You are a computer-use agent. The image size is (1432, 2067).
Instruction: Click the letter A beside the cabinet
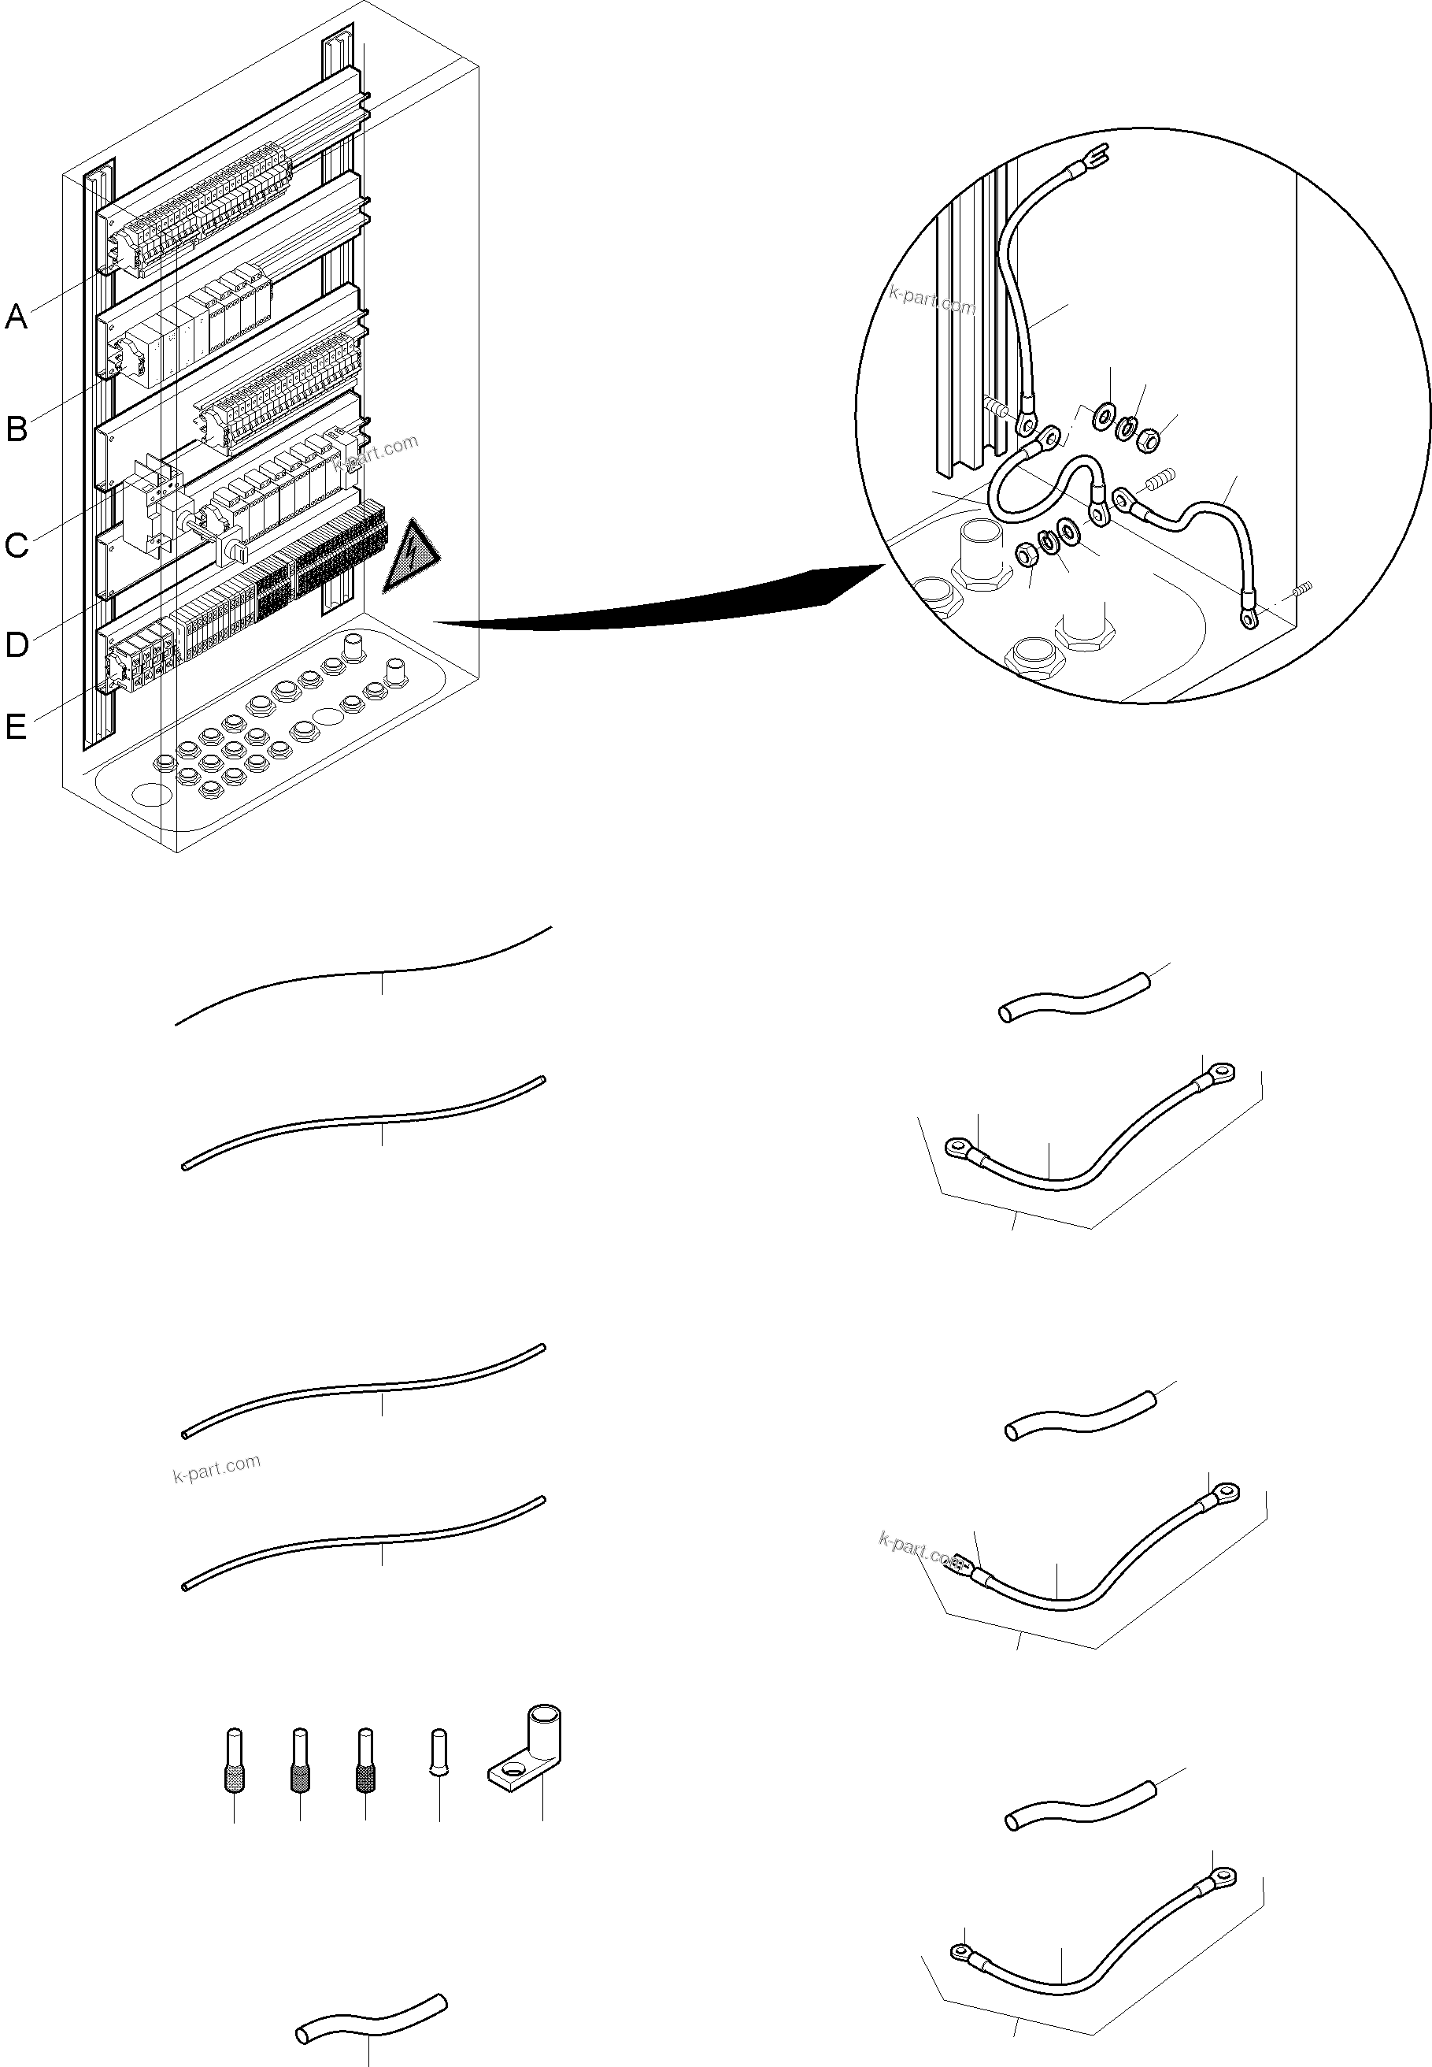[17, 316]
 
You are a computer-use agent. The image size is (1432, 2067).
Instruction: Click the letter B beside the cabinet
[17, 429]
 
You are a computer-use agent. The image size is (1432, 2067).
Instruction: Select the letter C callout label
[17, 545]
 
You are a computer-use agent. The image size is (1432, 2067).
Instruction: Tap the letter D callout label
[17, 644]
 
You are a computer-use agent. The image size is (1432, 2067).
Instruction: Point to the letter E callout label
[17, 726]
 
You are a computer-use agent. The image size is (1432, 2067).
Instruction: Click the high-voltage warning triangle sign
[411, 558]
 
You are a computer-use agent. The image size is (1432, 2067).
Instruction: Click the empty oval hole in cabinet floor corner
[152, 794]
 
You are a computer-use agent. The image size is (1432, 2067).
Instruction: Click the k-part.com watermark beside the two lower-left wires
[216, 1469]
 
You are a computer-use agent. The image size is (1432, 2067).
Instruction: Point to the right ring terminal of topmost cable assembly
[1219, 1071]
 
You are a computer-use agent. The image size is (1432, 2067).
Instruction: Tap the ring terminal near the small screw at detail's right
[1248, 617]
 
